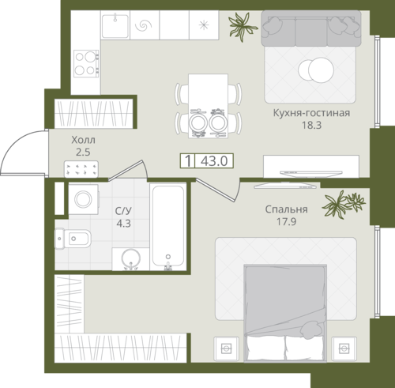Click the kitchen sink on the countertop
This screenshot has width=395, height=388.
click(x=115, y=26)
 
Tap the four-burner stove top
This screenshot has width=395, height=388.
click(x=86, y=63)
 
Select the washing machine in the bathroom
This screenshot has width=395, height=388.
click(x=84, y=199)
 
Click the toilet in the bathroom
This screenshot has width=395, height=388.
click(x=73, y=239)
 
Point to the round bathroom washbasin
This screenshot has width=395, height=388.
click(x=130, y=258)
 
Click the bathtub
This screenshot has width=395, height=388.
click(x=168, y=226)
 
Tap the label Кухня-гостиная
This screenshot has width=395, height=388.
click(x=311, y=113)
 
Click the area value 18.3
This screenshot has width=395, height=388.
click(x=311, y=125)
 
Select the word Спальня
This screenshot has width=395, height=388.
click(x=286, y=209)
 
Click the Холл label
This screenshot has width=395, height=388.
click(x=83, y=140)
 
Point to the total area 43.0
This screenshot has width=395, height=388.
click(x=214, y=160)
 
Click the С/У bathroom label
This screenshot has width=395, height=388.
click(x=123, y=211)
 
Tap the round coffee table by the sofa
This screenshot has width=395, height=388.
click(x=316, y=70)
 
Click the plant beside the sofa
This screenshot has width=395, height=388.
click(x=243, y=26)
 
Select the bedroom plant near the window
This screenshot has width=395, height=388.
click(x=344, y=204)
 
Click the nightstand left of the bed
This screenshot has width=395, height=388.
click(x=226, y=348)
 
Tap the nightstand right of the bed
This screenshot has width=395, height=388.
click(x=344, y=348)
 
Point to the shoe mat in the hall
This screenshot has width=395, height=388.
click(x=81, y=169)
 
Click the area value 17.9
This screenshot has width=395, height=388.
click(x=286, y=221)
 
